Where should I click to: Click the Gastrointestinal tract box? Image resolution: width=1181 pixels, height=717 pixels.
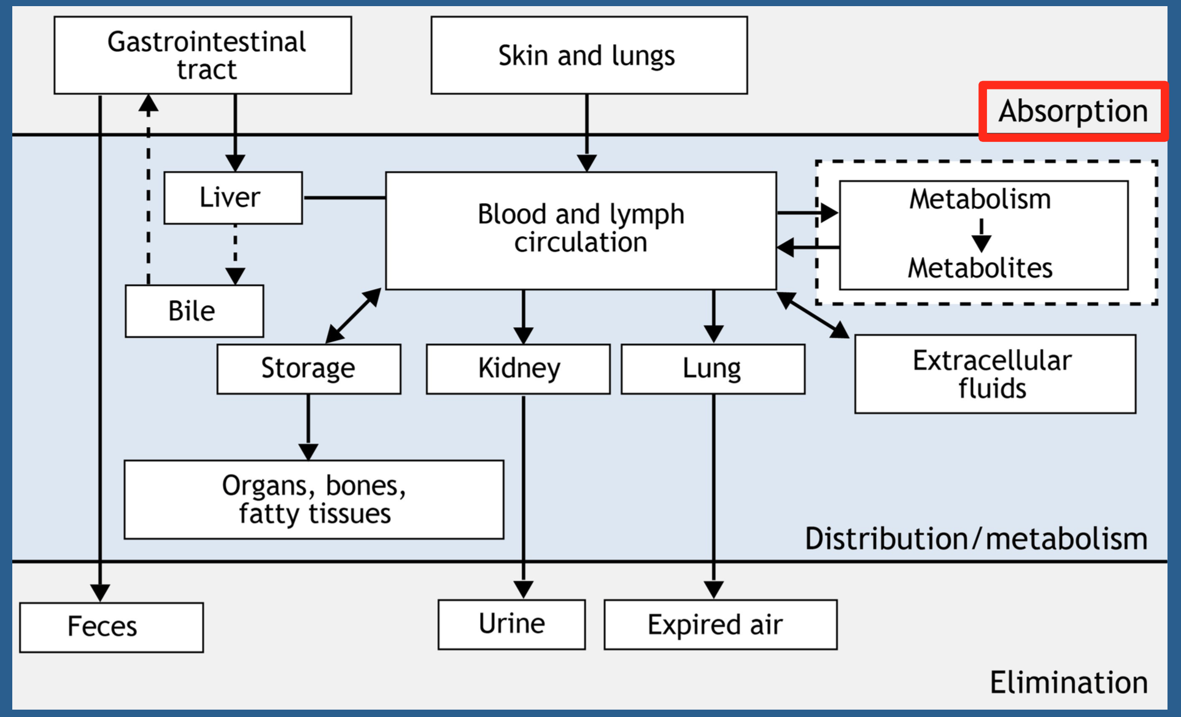203,55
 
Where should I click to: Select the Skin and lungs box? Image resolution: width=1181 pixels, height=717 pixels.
589,55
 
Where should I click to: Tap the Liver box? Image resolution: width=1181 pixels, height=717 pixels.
233,198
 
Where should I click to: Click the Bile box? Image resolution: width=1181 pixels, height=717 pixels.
195,311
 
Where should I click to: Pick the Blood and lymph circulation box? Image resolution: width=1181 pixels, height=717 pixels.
581,230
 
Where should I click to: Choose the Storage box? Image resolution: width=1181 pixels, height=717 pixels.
309,369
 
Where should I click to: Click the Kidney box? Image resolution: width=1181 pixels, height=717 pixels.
518,369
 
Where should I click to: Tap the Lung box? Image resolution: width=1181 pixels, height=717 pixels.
713,369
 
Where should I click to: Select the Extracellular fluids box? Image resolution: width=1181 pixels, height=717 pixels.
995,374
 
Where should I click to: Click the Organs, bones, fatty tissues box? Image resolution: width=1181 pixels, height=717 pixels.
314,500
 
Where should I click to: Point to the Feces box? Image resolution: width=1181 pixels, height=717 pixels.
111,627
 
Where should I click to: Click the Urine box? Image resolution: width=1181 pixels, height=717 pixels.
511,624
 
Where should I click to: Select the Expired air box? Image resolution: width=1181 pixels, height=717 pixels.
721,624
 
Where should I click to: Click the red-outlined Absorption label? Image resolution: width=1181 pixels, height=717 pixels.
1074,111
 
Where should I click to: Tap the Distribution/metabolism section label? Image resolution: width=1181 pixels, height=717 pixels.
976,539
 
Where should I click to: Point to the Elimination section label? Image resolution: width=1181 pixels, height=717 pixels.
1069,683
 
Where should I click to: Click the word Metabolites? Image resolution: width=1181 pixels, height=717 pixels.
980,268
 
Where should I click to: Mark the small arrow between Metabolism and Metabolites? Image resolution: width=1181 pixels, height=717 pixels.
982,236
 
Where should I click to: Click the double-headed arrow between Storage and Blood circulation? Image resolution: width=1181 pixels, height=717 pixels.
353,316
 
